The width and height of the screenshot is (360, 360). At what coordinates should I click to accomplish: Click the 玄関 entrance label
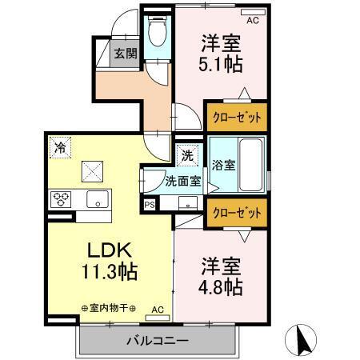(x=124, y=54)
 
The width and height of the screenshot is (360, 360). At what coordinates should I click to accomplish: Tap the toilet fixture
(x=158, y=34)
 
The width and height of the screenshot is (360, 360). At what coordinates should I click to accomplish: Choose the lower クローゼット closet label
(x=237, y=214)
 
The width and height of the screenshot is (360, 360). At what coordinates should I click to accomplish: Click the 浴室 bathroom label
(x=223, y=166)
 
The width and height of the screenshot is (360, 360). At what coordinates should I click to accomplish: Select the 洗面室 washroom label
(x=182, y=181)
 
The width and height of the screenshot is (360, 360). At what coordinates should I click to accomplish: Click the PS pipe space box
(x=150, y=205)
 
